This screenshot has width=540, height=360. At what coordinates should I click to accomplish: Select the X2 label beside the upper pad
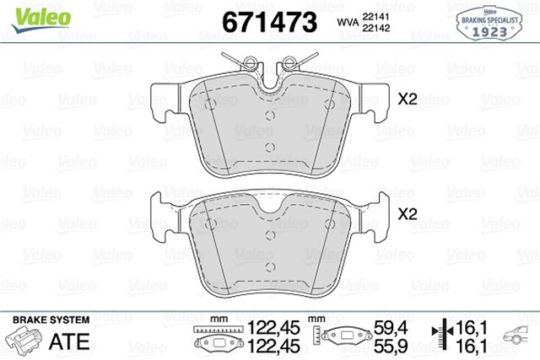(x=408, y=99)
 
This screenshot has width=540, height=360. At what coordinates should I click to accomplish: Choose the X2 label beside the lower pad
(x=408, y=214)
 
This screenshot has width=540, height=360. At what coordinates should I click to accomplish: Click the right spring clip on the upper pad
(x=292, y=62)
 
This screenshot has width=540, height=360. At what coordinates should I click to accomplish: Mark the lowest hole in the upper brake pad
(x=270, y=147)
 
